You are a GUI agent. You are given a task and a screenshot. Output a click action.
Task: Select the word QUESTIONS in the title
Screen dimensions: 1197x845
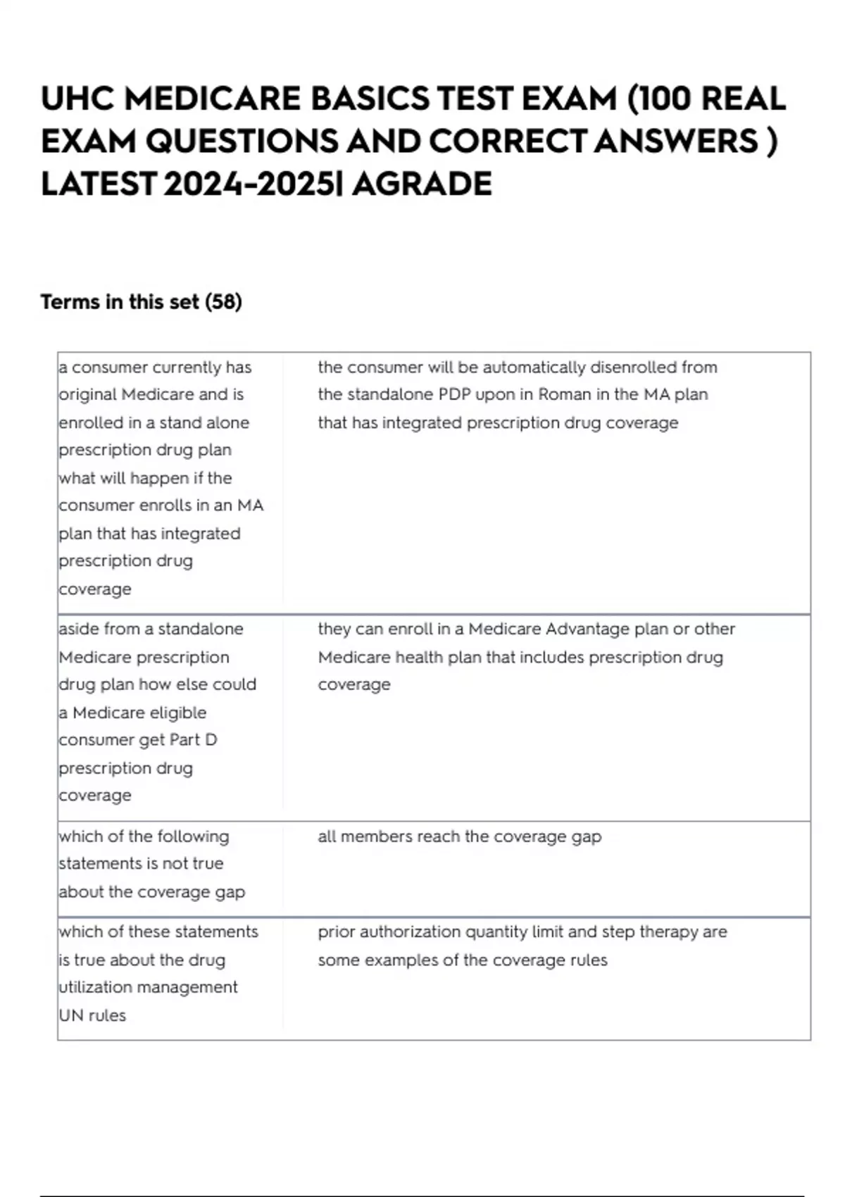[x=242, y=142]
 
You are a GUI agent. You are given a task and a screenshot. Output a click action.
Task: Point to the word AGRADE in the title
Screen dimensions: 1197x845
[x=422, y=184]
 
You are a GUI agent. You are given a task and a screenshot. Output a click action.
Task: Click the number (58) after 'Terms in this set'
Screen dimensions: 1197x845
[x=223, y=302]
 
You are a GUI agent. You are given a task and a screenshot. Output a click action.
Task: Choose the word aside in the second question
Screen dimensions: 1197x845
[x=78, y=629]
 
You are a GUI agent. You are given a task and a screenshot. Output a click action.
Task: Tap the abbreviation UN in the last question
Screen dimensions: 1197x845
[x=71, y=1015]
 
